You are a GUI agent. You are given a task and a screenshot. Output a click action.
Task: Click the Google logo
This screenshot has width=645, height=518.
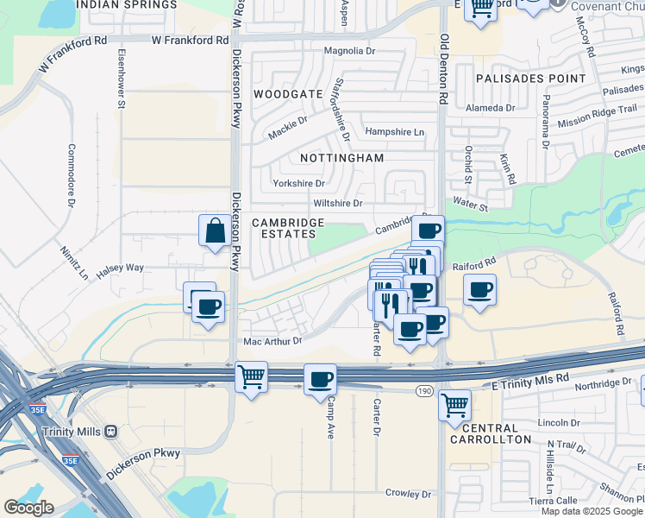tap(28, 508)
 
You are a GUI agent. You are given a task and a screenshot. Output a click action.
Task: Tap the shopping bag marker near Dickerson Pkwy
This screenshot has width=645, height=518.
tap(215, 231)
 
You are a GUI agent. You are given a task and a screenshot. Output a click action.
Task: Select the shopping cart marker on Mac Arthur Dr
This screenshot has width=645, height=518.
tap(251, 377)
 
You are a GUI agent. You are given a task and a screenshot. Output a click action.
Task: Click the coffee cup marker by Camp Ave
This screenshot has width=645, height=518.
tap(320, 379)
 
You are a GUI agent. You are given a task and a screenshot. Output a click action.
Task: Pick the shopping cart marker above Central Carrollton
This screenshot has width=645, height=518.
tap(454, 404)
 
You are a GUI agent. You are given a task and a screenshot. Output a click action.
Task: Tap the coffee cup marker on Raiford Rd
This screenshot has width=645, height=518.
tap(480, 290)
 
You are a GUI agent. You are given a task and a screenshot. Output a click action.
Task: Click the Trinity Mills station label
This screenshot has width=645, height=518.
tap(74, 431)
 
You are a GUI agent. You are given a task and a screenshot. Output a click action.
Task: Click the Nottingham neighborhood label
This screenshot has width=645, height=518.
tap(341, 159)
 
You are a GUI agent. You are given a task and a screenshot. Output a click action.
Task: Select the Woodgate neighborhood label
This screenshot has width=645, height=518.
tap(288, 93)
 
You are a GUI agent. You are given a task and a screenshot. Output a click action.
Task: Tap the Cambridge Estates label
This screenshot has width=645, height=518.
tap(288, 228)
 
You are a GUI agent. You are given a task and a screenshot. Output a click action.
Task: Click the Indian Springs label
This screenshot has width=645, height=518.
tap(126, 5)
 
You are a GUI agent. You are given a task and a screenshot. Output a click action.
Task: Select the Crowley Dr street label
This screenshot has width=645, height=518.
tap(408, 494)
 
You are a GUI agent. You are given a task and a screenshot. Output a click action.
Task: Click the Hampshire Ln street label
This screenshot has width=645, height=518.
tap(395, 132)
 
